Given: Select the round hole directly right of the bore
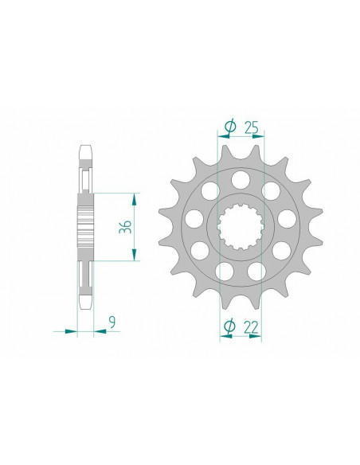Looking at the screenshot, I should (x=285, y=218).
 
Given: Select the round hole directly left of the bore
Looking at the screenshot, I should (x=194, y=218).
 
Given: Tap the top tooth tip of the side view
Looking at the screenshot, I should (x=86, y=149).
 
